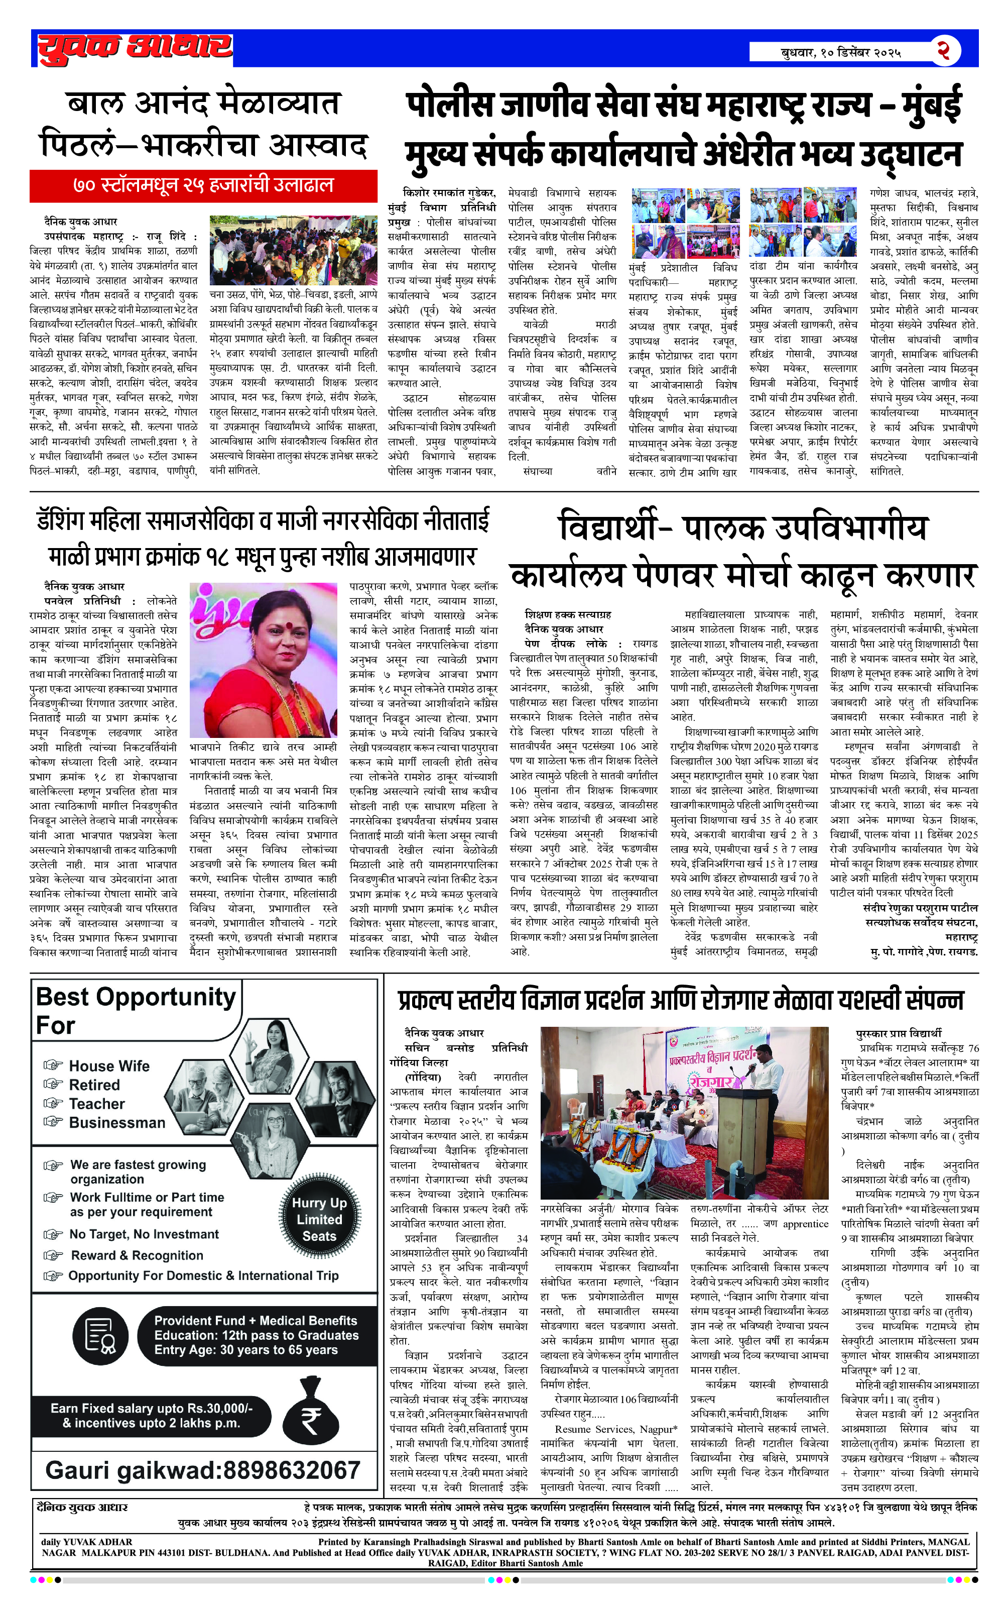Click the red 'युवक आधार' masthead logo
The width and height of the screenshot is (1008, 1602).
[135, 48]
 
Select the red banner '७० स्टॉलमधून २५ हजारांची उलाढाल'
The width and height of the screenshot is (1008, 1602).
[203, 185]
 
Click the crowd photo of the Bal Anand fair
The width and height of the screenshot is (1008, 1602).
[293, 250]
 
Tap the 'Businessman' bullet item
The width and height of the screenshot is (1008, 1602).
[117, 1123]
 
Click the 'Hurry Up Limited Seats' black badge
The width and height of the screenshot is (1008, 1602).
[320, 1220]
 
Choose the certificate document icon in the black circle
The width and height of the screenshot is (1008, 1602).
[100, 1335]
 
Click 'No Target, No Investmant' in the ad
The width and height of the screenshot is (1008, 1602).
[144, 1234]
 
